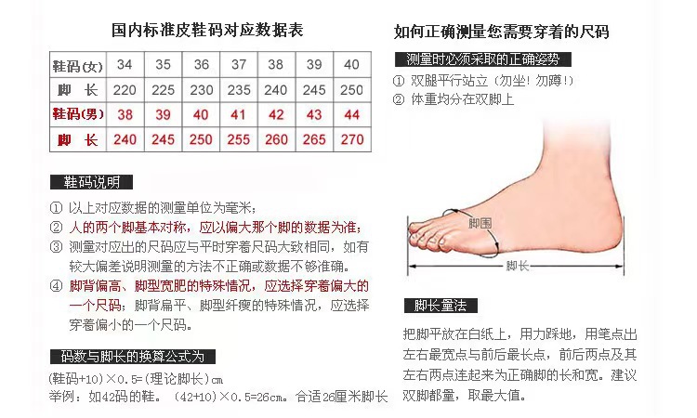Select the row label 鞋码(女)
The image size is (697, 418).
77,65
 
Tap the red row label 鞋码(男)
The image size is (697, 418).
77,115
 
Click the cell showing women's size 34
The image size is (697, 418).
125,65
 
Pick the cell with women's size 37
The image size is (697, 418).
239,65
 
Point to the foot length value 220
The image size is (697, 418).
125,90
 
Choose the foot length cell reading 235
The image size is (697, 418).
239,90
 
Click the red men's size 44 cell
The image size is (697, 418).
352,115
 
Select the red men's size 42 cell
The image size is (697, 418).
276,115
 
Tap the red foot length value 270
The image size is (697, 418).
352,140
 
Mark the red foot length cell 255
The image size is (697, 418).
239,140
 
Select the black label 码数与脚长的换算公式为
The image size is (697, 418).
132,357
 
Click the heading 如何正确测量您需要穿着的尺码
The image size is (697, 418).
502,33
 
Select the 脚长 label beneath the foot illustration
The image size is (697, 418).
517,267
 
